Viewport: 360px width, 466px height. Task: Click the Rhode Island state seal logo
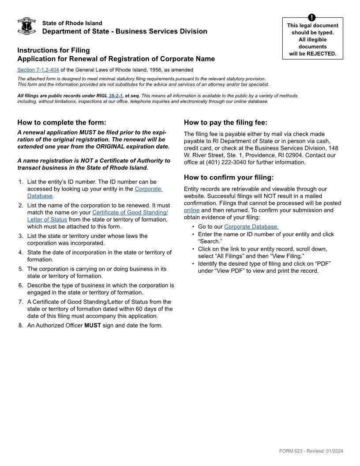26,26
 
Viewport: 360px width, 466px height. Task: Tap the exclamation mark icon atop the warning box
312,18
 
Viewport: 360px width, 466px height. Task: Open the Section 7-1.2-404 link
38,70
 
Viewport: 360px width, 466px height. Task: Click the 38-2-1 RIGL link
116,96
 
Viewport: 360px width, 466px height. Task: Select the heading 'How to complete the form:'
62,123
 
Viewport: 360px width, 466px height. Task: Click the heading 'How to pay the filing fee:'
225,123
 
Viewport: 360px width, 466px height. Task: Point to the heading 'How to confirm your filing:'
229,177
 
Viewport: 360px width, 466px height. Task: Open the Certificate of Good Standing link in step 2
130,212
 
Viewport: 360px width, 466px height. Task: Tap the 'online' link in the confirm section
191,210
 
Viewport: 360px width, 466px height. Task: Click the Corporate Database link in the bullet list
251,227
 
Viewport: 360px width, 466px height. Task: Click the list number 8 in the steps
21,326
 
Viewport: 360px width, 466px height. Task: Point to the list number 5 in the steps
21,269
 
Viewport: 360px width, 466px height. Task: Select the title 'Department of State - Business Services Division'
124,31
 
